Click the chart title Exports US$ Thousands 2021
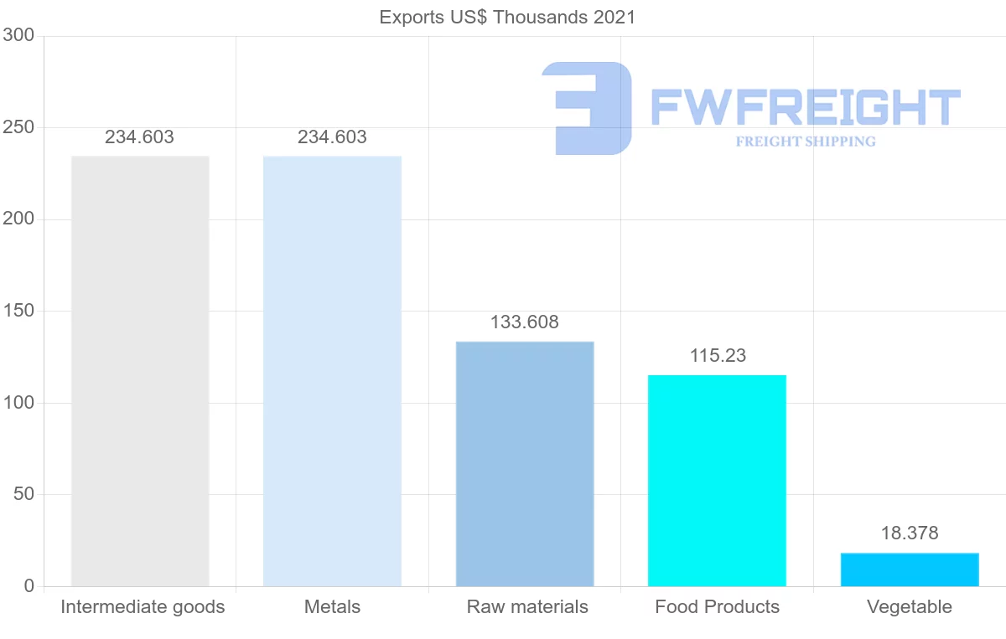[x=507, y=17]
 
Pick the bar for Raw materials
[x=525, y=464]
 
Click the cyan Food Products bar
[x=717, y=481]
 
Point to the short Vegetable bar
[x=910, y=569]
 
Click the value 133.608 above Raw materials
[x=525, y=322]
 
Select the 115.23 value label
[x=718, y=356]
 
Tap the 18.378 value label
[x=910, y=533]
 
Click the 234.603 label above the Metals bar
[x=332, y=137]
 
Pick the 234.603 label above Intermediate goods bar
[x=139, y=137]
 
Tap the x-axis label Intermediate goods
[x=143, y=607]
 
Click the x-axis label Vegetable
[x=910, y=607]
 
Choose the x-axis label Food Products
[x=718, y=607]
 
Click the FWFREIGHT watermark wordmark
[x=805, y=107]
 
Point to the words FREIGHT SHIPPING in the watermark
[x=806, y=142]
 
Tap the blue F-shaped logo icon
[x=587, y=108]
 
